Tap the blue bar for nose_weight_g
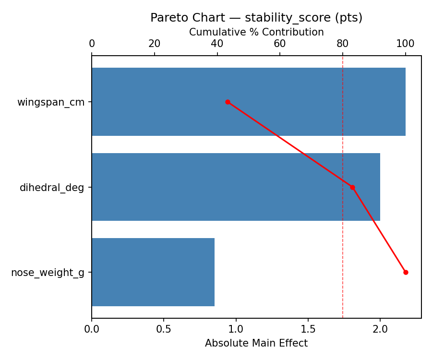(153, 272)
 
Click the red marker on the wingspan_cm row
(228, 102)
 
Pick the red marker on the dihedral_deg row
(352, 187)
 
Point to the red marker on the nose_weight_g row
(406, 272)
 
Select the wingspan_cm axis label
(51, 102)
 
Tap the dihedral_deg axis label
(52, 188)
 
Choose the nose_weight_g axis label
(48, 273)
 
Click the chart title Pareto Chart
(256, 18)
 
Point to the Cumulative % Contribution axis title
(256, 32)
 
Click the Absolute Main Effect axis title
(256, 343)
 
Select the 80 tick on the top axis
(343, 44)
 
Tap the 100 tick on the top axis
(406, 44)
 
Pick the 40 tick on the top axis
(217, 44)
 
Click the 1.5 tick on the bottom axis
(308, 330)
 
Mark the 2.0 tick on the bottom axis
(380, 330)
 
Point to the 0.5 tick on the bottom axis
(164, 330)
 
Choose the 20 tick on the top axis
(155, 44)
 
